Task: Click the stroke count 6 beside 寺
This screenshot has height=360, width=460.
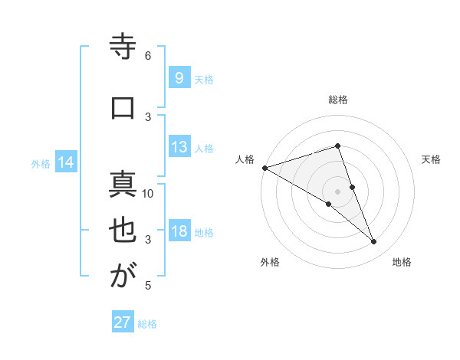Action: point(148,56)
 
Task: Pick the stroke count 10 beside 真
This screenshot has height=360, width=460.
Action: point(149,194)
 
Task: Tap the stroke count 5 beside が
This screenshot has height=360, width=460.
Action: point(148,286)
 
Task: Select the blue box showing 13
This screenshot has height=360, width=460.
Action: point(179,148)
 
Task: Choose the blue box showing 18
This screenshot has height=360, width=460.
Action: point(179,232)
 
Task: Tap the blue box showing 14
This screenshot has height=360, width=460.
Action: point(66,162)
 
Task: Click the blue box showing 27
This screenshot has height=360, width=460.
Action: point(123,322)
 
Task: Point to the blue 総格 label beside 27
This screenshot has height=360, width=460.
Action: point(147,324)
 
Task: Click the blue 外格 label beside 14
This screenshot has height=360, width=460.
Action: point(41,163)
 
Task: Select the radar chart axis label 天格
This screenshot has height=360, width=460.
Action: point(431,160)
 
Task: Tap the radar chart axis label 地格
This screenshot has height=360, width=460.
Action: point(402,263)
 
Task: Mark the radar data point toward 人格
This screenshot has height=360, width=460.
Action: point(264,167)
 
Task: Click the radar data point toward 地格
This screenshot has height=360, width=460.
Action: point(374,242)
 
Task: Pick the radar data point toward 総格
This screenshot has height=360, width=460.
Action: point(337,146)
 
